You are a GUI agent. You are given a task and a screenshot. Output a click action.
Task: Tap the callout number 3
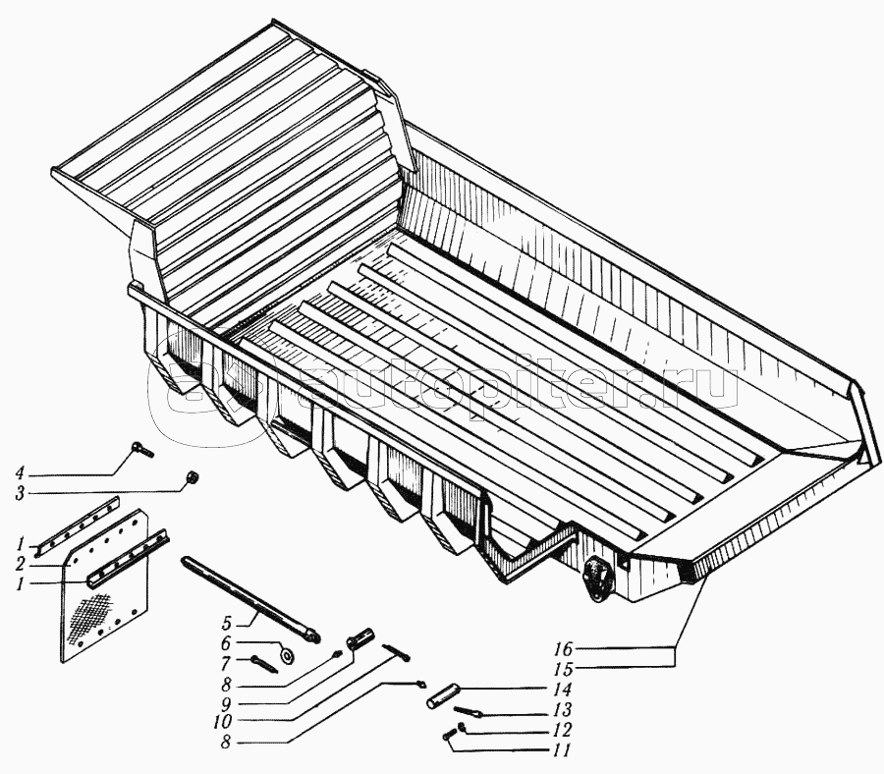tap(20, 494)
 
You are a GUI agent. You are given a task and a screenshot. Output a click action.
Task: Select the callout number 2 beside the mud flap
tap(21, 564)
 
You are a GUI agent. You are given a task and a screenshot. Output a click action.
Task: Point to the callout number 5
tap(226, 624)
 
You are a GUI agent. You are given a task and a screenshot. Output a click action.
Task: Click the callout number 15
tap(564, 669)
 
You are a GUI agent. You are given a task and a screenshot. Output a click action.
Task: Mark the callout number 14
tap(563, 690)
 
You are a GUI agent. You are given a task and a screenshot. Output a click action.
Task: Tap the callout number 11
tap(562, 750)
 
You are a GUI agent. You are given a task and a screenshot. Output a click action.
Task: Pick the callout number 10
tap(223, 722)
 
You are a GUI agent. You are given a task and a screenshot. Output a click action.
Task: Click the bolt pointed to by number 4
tap(142, 451)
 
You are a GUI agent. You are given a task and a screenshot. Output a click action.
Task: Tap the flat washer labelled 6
tap(289, 655)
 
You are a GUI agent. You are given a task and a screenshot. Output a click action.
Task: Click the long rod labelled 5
tap(250, 599)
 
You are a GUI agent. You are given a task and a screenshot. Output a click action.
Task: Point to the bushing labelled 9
tap(357, 641)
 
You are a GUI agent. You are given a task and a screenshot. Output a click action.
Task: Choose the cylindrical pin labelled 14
tap(443, 695)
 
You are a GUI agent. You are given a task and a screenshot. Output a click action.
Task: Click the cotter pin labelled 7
tap(264, 665)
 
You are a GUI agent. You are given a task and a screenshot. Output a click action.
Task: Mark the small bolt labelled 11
tap(450, 735)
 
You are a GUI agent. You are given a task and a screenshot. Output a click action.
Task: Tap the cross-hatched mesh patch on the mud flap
tap(91, 618)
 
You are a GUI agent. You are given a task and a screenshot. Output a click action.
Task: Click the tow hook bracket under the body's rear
tap(597, 578)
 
